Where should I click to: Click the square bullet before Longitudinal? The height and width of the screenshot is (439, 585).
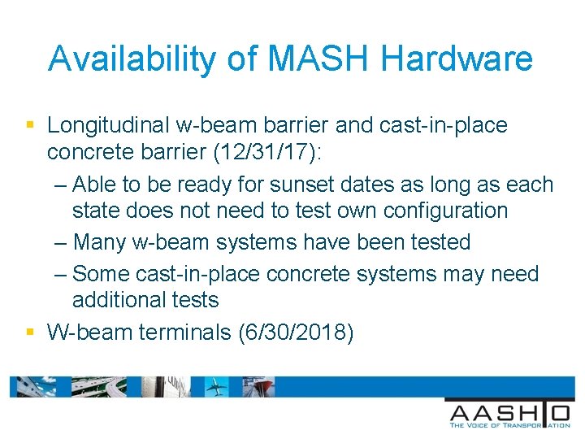click(30, 126)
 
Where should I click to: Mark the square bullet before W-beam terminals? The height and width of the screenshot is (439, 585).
click(30, 332)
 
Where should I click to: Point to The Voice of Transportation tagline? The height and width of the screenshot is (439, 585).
click(509, 424)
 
